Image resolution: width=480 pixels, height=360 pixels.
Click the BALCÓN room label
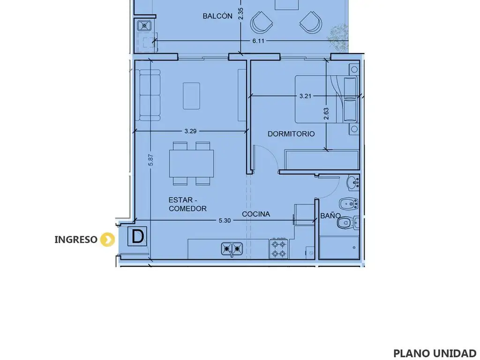click(x=217, y=16)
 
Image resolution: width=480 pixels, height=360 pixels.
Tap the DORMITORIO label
click(x=291, y=134)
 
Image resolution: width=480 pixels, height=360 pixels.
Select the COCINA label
click(x=256, y=214)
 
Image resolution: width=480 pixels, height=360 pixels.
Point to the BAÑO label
click(x=330, y=216)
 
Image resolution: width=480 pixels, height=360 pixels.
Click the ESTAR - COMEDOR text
click(x=187, y=204)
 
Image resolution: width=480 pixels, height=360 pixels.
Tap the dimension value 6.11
click(x=258, y=41)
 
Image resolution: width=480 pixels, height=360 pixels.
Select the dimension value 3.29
click(x=190, y=131)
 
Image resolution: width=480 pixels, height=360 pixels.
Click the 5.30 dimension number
click(x=225, y=220)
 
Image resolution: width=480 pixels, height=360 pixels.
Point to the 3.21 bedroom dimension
click(x=305, y=96)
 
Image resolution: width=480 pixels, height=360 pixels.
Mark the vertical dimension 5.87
click(x=150, y=160)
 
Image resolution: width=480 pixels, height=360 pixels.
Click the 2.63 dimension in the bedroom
click(x=326, y=113)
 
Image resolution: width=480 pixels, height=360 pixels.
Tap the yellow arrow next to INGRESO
click(x=107, y=240)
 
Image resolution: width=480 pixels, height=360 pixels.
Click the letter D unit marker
click(x=137, y=236)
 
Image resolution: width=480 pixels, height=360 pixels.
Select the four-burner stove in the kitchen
click(x=278, y=248)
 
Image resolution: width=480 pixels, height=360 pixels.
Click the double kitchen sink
click(x=232, y=249)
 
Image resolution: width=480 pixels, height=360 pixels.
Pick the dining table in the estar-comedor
click(x=192, y=163)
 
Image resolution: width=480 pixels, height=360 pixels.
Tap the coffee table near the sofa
click(x=191, y=96)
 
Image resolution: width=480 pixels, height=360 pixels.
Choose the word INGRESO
click(x=76, y=240)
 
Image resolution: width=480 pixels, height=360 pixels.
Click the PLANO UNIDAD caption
click(x=435, y=353)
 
